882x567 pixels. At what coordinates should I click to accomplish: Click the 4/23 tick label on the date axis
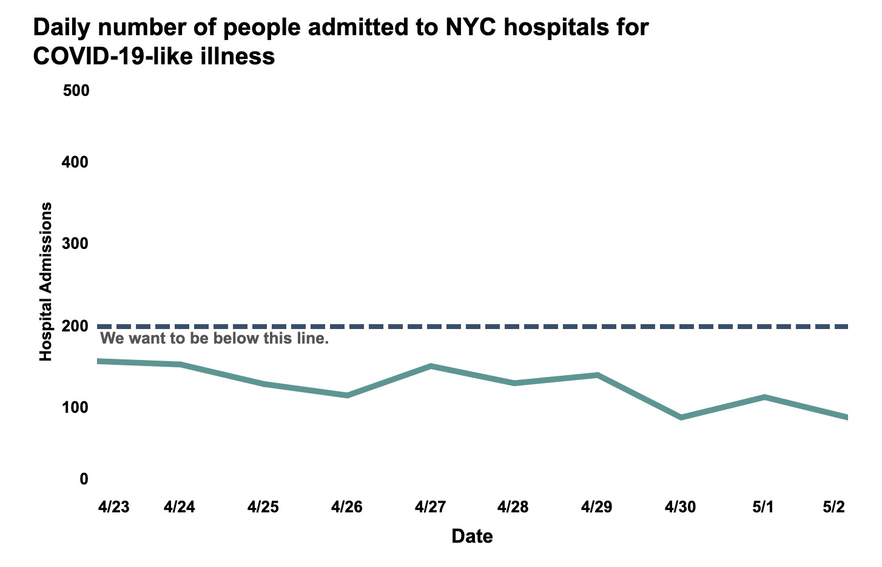[114, 507]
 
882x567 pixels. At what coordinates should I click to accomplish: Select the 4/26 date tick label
[346, 507]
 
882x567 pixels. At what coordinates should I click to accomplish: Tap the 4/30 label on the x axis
[680, 507]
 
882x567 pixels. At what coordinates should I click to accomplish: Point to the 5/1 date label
[763, 507]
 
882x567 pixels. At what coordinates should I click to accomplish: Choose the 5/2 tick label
[833, 507]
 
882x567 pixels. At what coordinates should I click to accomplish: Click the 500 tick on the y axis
[76, 90]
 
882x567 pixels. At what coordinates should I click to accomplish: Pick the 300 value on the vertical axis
[76, 244]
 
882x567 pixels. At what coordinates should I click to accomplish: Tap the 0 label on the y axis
[84, 479]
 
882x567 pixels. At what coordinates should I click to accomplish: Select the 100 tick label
[76, 407]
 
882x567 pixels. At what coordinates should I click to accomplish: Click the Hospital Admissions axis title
[46, 282]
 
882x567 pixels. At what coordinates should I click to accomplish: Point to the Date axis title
[472, 536]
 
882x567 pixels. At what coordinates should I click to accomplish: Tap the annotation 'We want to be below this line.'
[214, 338]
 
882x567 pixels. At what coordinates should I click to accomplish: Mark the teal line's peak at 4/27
[430, 366]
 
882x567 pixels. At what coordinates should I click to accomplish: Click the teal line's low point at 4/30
[681, 418]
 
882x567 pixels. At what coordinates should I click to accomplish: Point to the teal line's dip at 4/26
[346, 395]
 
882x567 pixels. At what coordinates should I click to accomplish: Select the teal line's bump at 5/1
[764, 397]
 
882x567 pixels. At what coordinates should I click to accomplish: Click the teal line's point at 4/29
[598, 375]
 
